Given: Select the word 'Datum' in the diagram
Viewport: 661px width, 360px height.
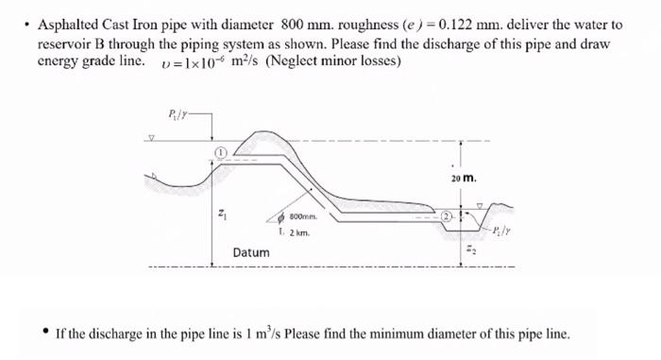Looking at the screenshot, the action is (x=251, y=252).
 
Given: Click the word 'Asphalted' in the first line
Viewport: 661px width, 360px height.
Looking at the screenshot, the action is (x=65, y=24).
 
